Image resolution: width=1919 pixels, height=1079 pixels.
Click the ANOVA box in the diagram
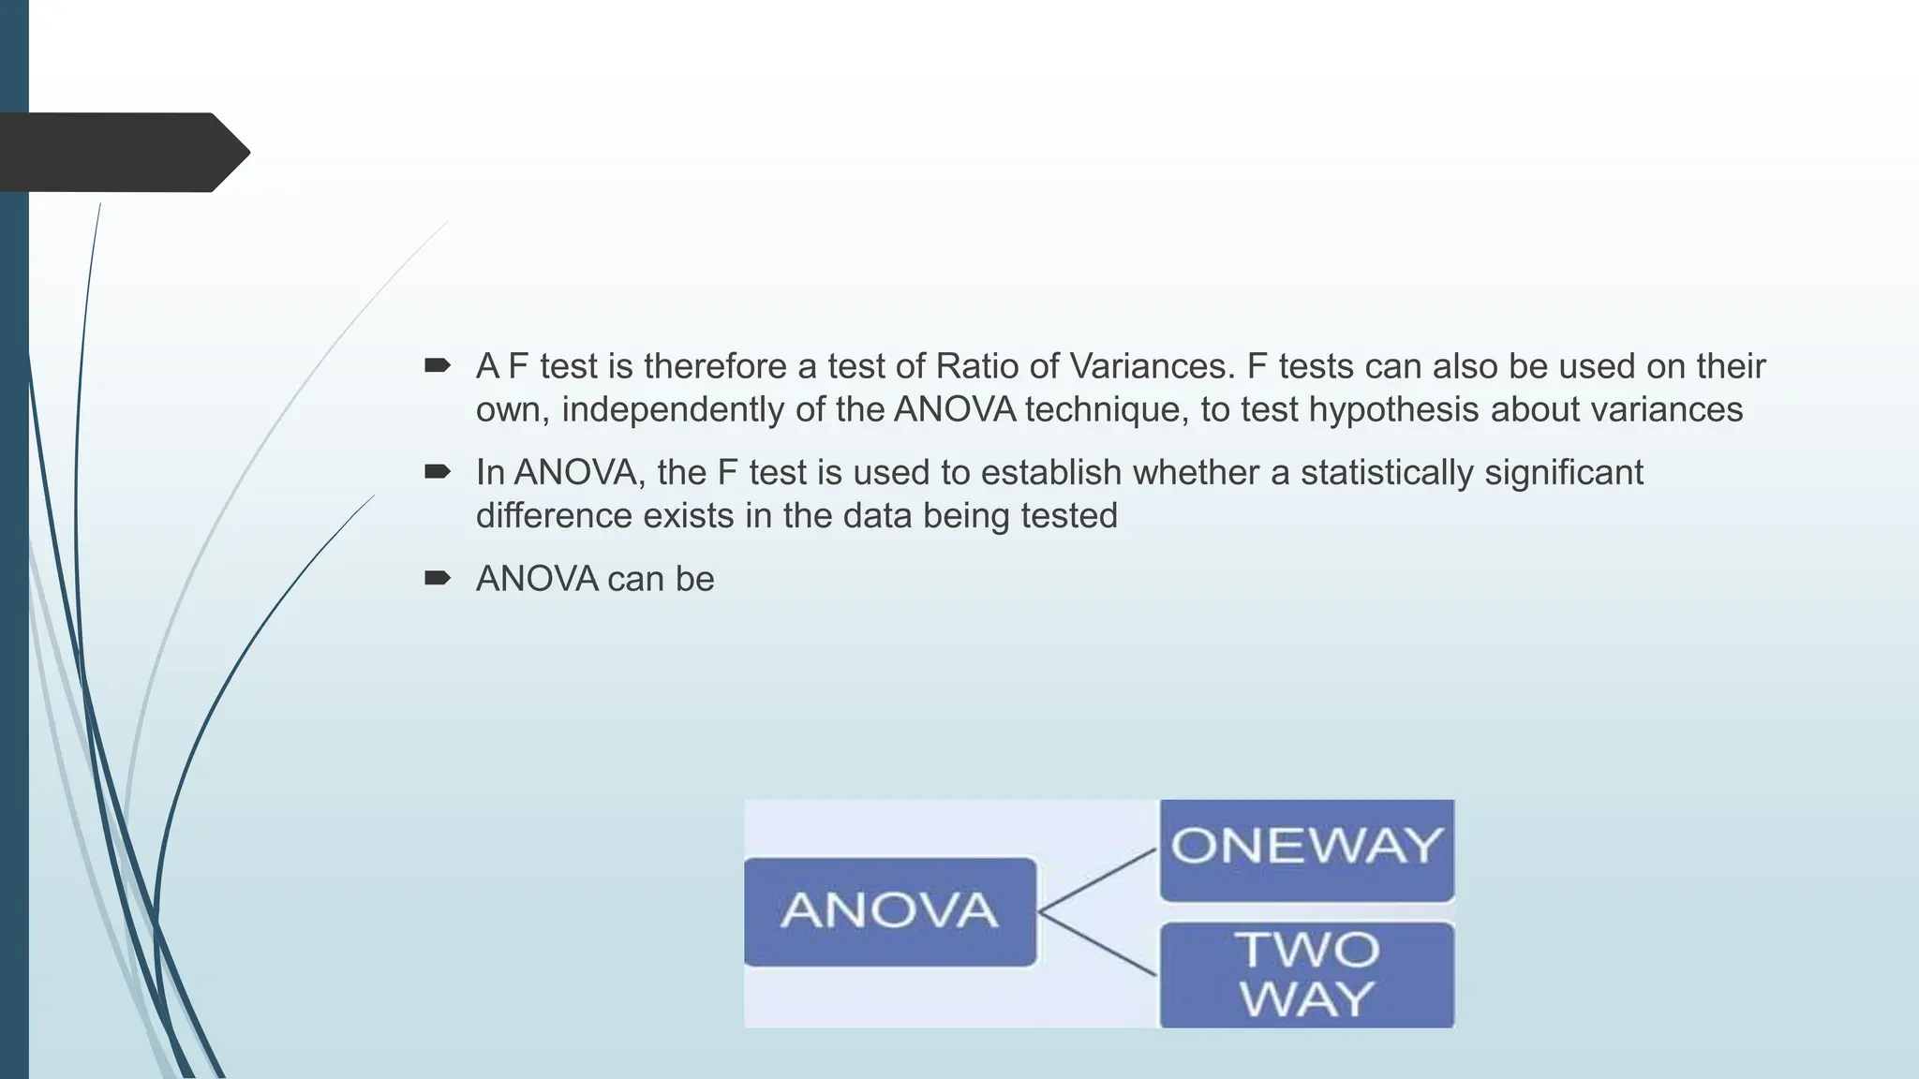pos(889,911)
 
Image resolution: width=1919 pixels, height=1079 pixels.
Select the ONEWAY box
pos(1306,849)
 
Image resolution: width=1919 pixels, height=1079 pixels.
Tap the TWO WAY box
pos(1306,974)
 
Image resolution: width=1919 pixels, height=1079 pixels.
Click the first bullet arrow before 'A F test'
pos(437,365)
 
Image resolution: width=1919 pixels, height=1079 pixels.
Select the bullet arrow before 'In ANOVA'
pos(437,471)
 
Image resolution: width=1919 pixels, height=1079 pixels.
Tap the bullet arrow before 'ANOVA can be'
pos(437,578)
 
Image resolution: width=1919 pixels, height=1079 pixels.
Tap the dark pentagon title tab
pos(122,153)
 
